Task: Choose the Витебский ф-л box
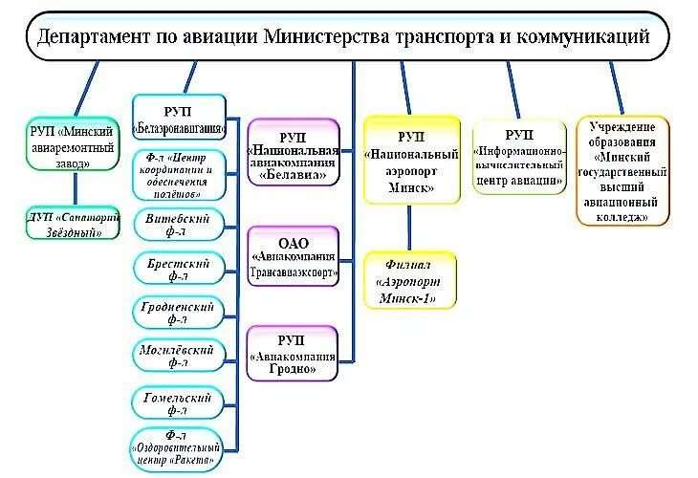[179, 226]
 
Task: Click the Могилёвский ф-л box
[179, 356]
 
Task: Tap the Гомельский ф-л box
[179, 403]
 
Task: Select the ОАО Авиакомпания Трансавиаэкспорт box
[294, 256]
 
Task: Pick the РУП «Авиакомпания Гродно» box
[294, 352]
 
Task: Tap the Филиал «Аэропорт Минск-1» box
[410, 279]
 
